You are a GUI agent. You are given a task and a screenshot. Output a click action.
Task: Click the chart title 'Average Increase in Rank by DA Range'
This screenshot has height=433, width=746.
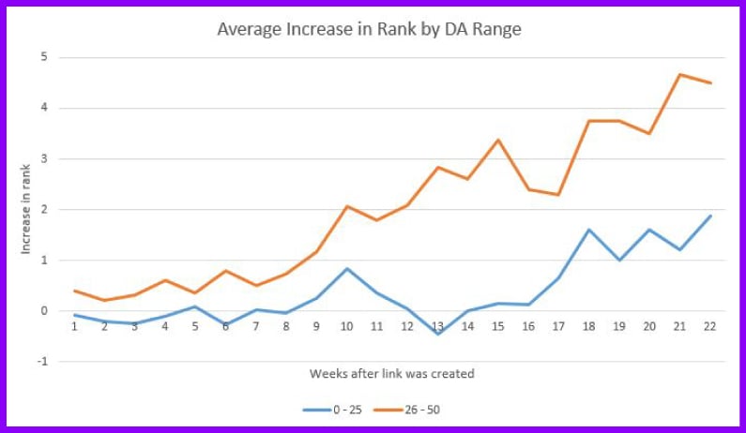tap(369, 29)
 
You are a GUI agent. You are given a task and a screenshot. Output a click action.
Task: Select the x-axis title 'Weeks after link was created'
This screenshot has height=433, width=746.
tap(391, 374)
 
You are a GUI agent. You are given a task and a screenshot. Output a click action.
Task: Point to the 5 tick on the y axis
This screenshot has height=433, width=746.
tap(43, 57)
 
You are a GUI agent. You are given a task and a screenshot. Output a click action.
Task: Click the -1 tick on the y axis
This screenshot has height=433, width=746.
tap(41, 361)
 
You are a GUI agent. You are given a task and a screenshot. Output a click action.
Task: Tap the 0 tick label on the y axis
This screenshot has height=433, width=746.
tap(43, 310)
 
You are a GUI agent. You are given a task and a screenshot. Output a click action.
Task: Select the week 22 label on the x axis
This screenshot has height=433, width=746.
tap(709, 325)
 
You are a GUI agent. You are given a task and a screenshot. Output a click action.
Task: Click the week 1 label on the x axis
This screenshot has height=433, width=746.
tap(74, 325)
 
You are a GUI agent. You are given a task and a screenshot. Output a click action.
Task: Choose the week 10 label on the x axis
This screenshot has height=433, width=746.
tap(346, 325)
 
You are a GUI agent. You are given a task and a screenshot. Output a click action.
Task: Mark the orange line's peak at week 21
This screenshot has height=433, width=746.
tap(679, 74)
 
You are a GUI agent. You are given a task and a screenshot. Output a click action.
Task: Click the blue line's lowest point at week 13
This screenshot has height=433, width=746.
tap(437, 334)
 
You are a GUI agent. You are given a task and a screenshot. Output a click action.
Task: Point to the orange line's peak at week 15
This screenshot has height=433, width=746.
tap(497, 140)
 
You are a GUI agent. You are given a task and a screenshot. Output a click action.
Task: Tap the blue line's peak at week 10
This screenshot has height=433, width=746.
tap(346, 269)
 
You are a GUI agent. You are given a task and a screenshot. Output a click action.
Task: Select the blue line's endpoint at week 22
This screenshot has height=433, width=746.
tap(709, 216)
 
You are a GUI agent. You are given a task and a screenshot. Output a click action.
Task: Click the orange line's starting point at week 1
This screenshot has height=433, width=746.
tap(74, 291)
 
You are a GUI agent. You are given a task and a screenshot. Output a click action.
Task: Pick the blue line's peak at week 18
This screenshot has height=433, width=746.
tap(588, 230)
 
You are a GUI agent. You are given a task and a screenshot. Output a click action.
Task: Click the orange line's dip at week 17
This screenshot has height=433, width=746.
tap(558, 195)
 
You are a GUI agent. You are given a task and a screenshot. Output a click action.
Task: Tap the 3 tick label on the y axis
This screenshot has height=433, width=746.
tap(43, 158)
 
